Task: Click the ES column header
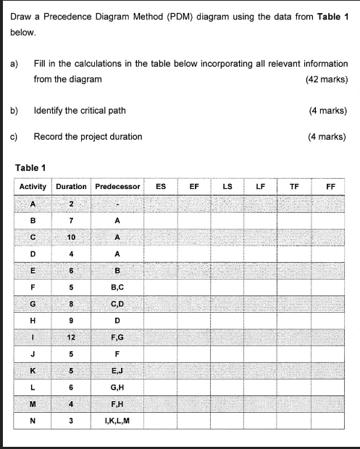pyautogui.click(x=161, y=186)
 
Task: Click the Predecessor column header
pyautogui.click(x=117, y=186)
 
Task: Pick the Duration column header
pyautogui.click(x=70, y=186)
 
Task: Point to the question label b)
pyautogui.click(x=14, y=110)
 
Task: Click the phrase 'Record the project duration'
pyautogui.click(x=88, y=136)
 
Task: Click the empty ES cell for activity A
pyautogui.click(x=161, y=205)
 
